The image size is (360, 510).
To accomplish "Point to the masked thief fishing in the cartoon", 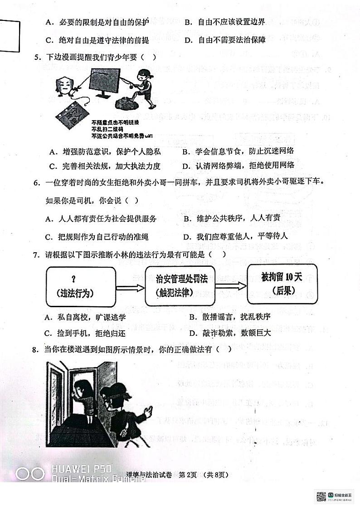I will pyautogui.click(x=144, y=86).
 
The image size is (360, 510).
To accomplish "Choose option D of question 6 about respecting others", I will pyautogui.click(x=236, y=236).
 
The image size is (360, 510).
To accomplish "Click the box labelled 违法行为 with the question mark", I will pyautogui.click(x=80, y=286).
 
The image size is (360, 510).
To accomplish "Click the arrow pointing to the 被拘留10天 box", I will pyautogui.click(x=231, y=285).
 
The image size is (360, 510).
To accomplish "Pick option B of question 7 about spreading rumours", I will pyautogui.click(x=230, y=316).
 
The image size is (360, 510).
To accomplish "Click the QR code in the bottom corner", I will pyautogui.click(x=321, y=496).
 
